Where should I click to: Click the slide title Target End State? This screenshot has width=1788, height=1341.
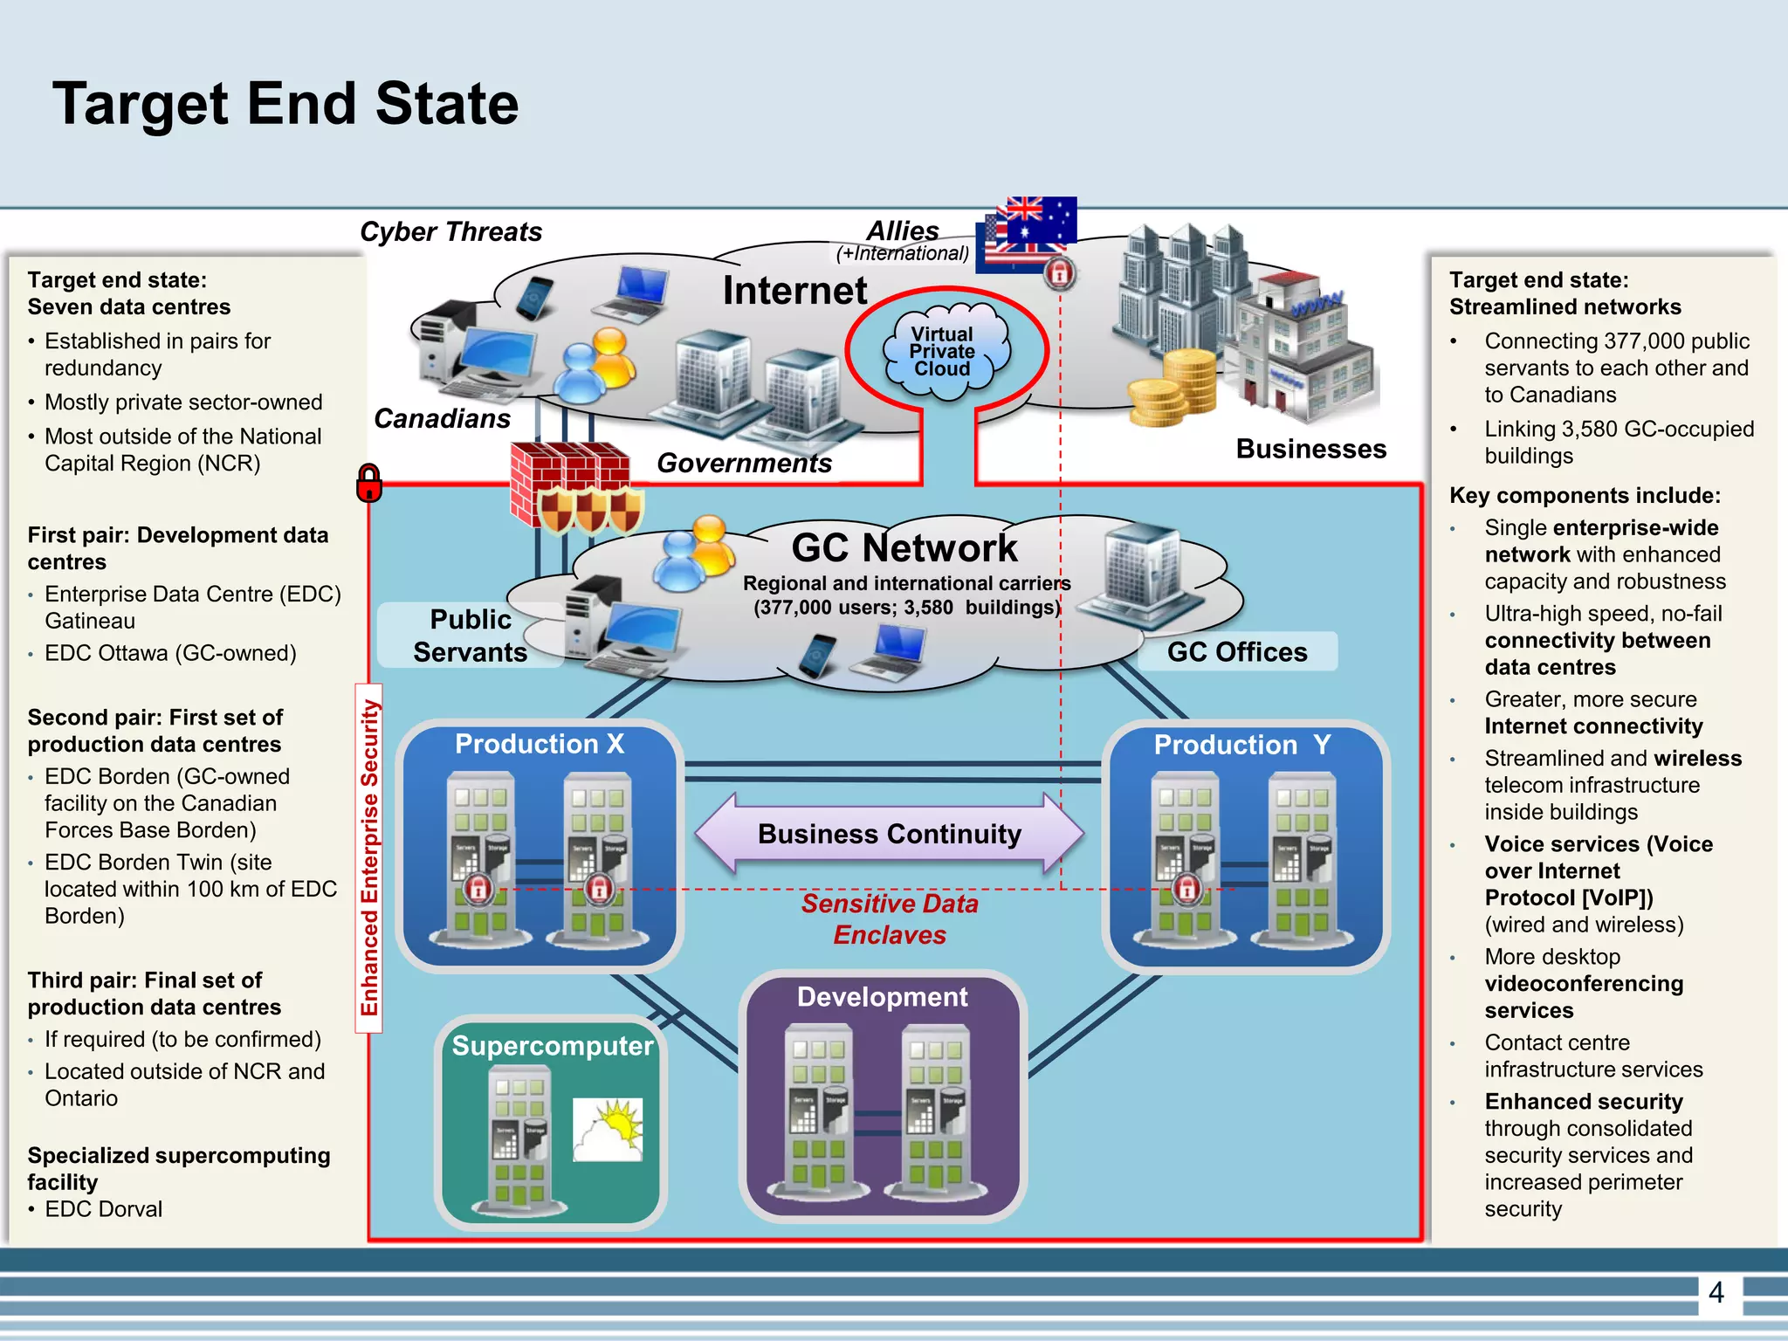pos(285,104)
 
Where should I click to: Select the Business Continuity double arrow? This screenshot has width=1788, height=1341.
pos(889,835)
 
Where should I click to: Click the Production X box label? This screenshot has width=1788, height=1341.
pos(540,744)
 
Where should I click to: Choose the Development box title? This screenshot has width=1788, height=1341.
pos(882,997)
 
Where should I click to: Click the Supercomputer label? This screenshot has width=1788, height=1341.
pos(552,1046)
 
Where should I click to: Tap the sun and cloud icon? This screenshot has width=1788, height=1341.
pos(608,1130)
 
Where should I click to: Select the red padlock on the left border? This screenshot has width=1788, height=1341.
pos(369,483)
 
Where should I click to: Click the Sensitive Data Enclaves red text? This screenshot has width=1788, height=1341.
pos(889,919)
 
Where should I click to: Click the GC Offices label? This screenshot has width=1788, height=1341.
pos(1236,652)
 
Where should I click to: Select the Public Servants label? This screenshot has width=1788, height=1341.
pos(470,636)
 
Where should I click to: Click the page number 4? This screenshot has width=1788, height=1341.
pos(1716,1292)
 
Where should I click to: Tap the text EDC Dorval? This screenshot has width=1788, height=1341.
pos(103,1209)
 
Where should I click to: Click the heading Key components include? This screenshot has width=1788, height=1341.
pos(1584,496)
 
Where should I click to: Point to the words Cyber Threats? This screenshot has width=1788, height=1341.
pos(450,232)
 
